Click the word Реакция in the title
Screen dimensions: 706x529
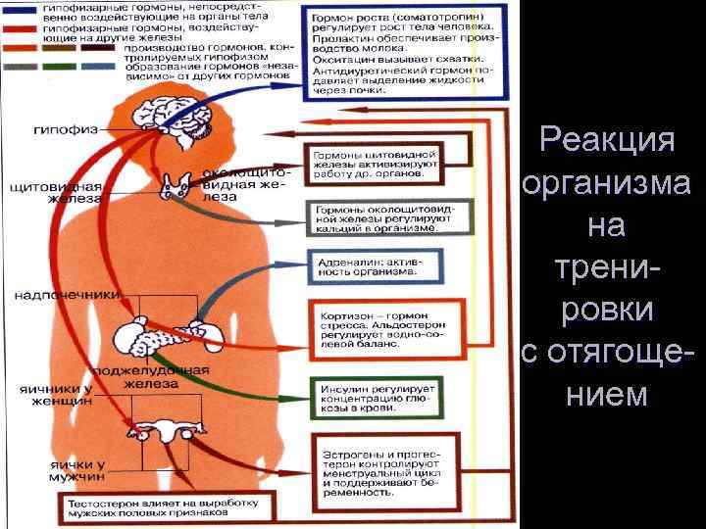point(608,139)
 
